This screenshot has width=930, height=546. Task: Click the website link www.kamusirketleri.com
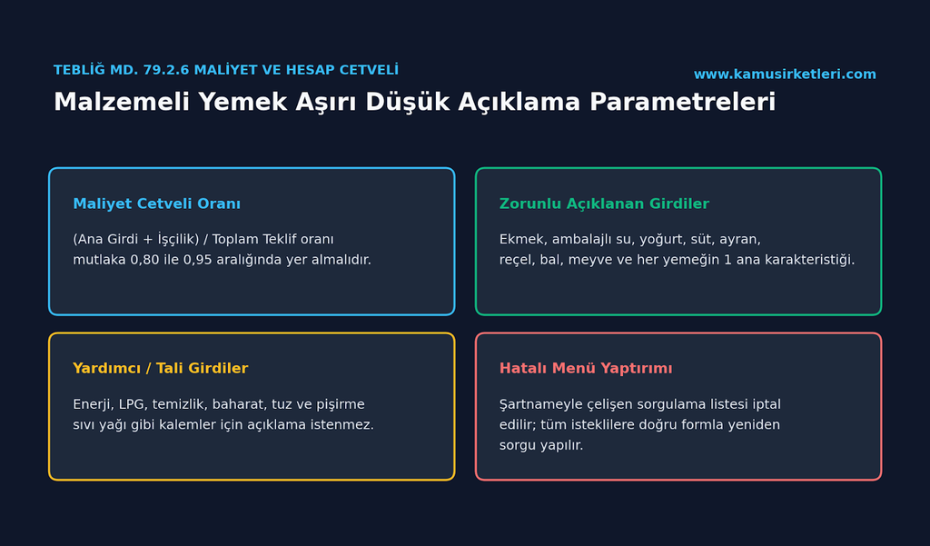click(785, 74)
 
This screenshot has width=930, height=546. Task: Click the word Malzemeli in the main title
click(123, 102)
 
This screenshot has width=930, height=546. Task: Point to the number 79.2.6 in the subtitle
click(167, 70)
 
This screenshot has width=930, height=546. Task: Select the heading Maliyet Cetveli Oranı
click(156, 204)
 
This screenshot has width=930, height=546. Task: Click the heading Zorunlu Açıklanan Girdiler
click(604, 204)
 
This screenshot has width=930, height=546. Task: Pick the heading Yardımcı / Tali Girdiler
click(160, 368)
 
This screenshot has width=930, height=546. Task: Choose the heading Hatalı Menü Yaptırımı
click(586, 368)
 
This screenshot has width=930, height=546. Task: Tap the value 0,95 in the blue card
click(199, 260)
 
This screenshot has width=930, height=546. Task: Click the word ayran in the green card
click(739, 240)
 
